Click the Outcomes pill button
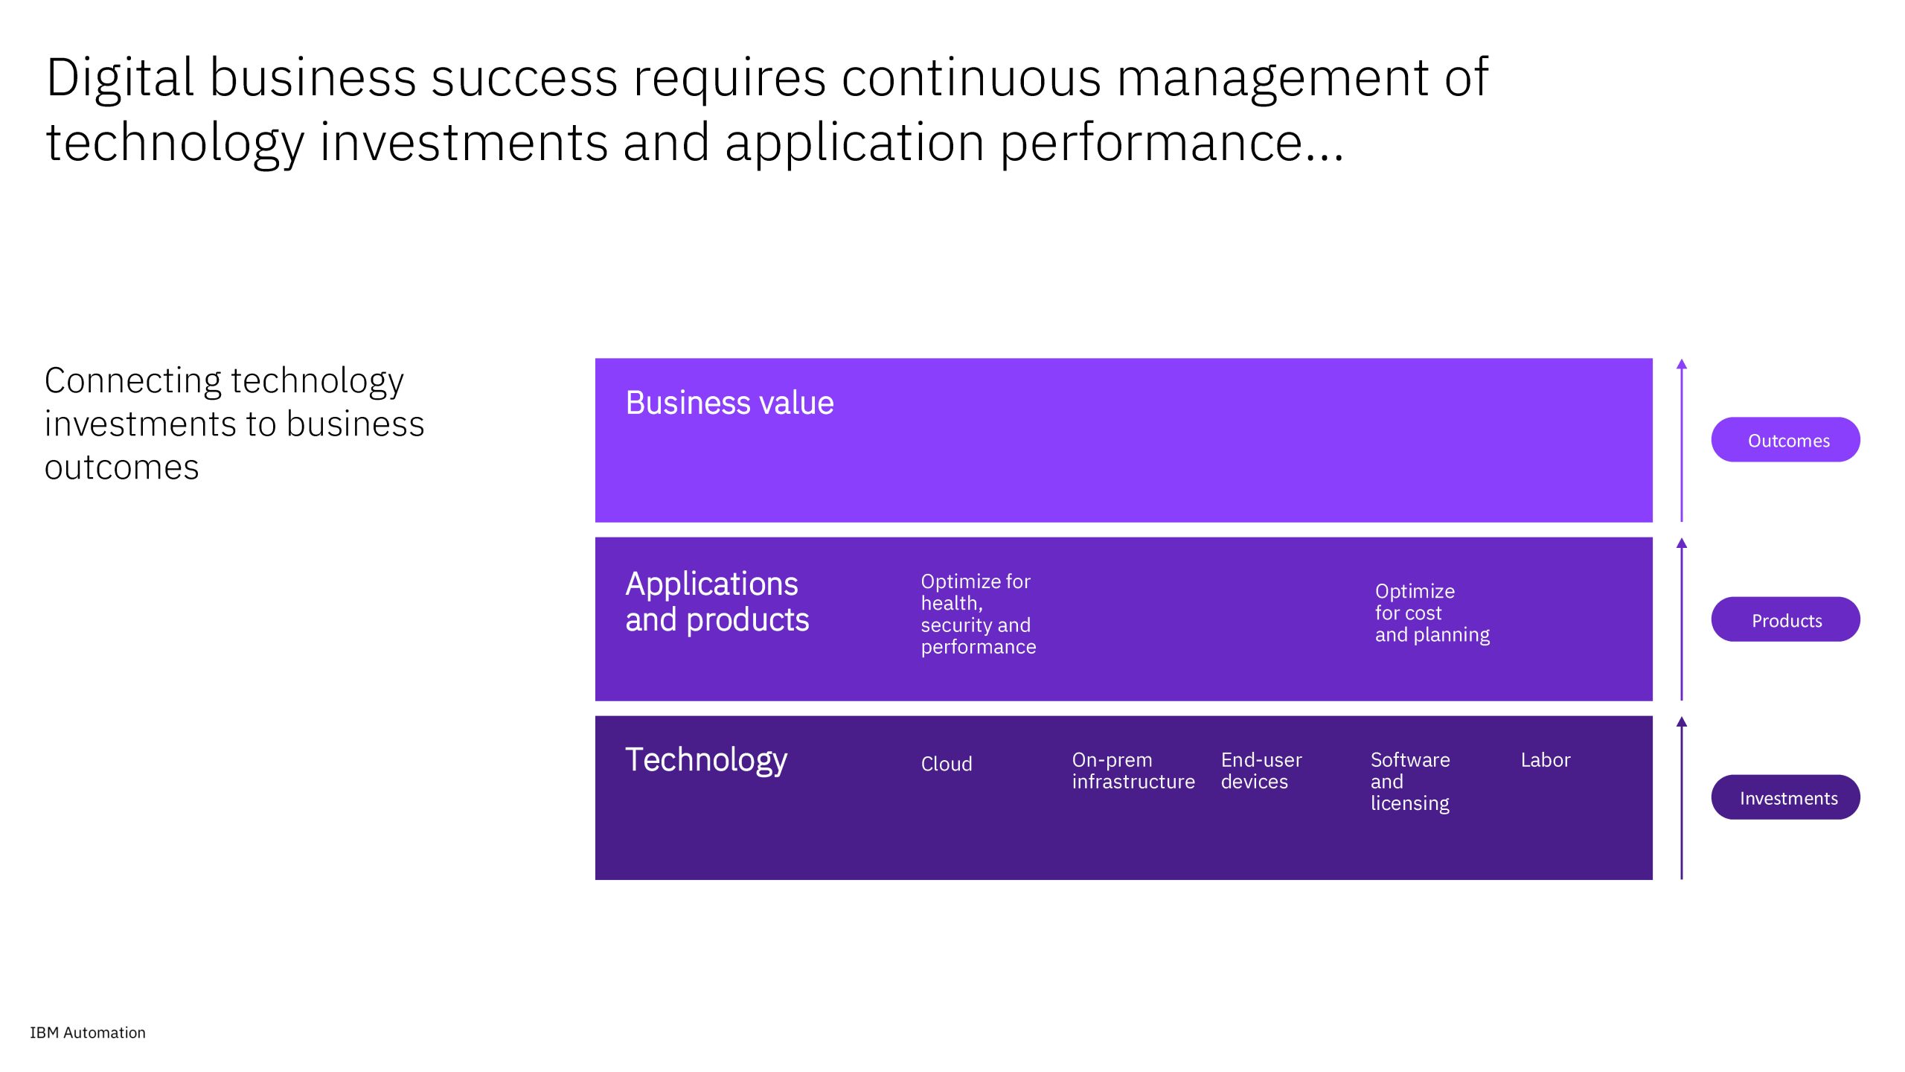click(x=1785, y=440)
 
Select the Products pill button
click(x=1785, y=619)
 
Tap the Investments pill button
click(x=1785, y=797)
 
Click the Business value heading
click(x=729, y=403)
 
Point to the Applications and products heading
click(x=717, y=602)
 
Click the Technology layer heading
click(x=706, y=760)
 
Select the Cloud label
click(x=947, y=764)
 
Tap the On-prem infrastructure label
click(x=1133, y=771)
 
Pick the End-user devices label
click(x=1261, y=771)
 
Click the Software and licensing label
click(x=1410, y=782)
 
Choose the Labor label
click(x=1546, y=760)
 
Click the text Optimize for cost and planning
click(x=1432, y=613)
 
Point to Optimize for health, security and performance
click(x=979, y=614)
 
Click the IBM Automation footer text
click(x=88, y=1033)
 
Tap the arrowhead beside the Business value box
click(x=1682, y=364)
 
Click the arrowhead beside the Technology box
click(x=1682, y=721)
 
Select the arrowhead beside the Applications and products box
click(x=1682, y=543)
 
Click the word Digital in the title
click(x=120, y=79)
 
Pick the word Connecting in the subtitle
click(x=133, y=382)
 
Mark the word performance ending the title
click(x=1150, y=143)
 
